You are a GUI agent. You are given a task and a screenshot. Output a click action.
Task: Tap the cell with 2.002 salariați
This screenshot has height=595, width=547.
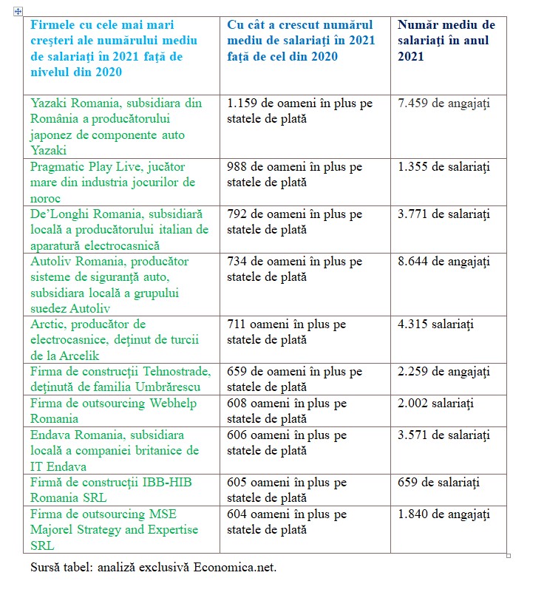coord(435,403)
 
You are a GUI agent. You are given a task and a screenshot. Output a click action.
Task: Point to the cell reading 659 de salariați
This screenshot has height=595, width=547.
coord(438,482)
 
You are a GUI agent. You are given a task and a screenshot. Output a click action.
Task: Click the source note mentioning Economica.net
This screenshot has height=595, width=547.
coord(153,568)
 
